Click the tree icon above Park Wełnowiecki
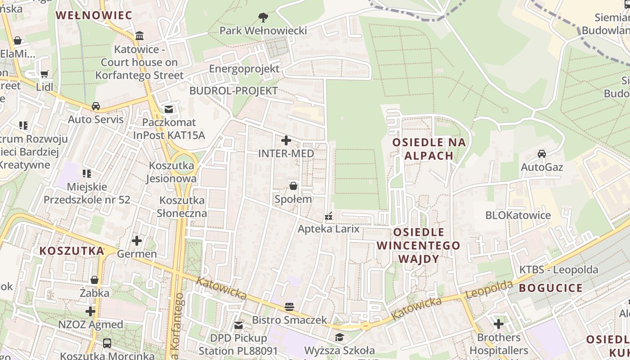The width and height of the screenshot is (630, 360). pyautogui.click(x=263, y=18)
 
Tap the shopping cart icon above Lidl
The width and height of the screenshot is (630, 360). pyautogui.click(x=44, y=74)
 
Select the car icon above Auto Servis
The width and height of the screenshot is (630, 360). pyautogui.click(x=95, y=106)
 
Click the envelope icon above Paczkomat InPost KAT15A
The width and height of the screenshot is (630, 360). pyautogui.click(x=169, y=109)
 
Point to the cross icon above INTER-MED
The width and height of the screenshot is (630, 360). pyautogui.click(x=286, y=140)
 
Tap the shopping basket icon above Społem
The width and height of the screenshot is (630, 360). pyautogui.click(x=293, y=185)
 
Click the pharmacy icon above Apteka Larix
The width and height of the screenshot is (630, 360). pyautogui.click(x=328, y=216)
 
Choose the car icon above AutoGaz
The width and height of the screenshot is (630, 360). pyautogui.click(x=542, y=154)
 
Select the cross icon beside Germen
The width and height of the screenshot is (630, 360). pyautogui.click(x=137, y=241)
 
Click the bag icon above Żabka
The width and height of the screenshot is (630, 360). pyautogui.click(x=94, y=280)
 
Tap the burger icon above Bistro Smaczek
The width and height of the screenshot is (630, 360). pyautogui.click(x=289, y=307)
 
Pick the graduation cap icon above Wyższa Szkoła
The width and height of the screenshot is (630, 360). pyautogui.click(x=339, y=337)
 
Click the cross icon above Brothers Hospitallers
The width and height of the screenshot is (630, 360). pyautogui.click(x=498, y=324)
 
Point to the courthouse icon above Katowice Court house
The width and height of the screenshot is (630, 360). pyautogui.click(x=139, y=36)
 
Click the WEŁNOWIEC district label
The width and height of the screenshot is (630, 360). pyautogui.click(x=94, y=15)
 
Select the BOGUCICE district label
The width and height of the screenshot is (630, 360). pyautogui.click(x=551, y=288)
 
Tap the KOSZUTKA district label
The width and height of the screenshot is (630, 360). pyautogui.click(x=72, y=251)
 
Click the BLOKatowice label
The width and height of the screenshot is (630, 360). pyautogui.click(x=517, y=215)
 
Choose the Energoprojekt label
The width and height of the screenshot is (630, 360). pyautogui.click(x=244, y=69)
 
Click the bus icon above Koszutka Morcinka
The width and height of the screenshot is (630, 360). pyautogui.click(x=107, y=343)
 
